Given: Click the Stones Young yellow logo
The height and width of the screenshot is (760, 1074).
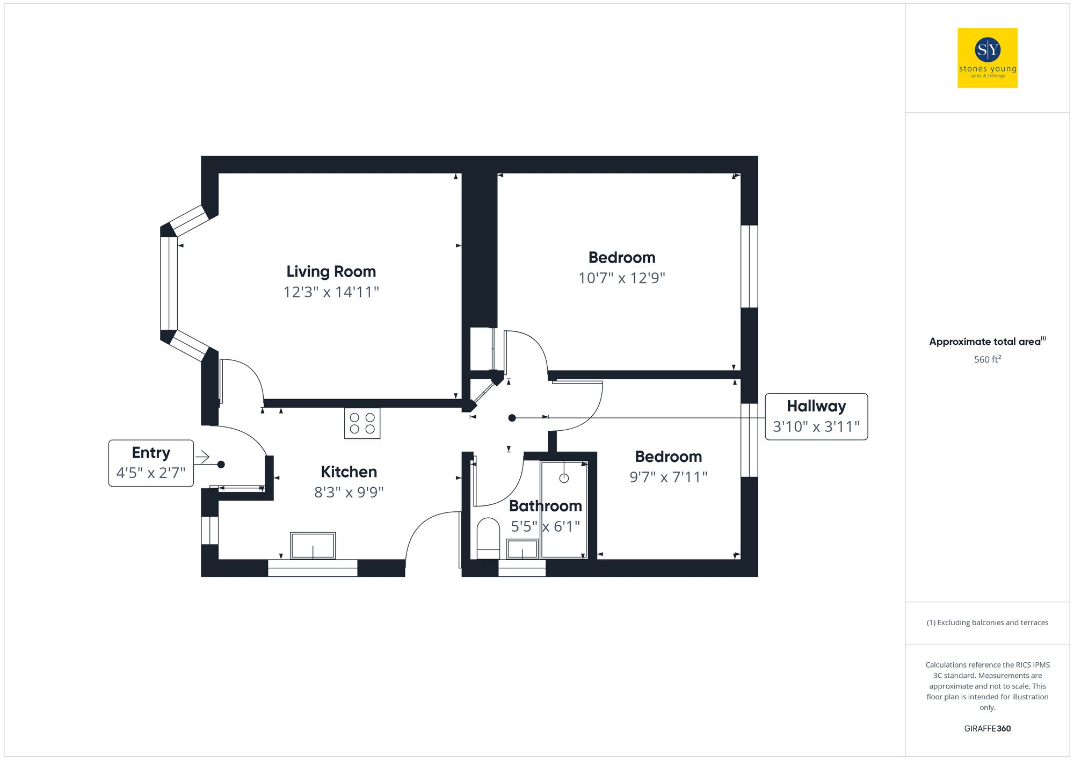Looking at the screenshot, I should point(987,58).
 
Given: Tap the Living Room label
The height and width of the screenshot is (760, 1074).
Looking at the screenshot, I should point(331,272).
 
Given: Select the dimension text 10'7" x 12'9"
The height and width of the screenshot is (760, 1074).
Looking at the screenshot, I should point(621,278).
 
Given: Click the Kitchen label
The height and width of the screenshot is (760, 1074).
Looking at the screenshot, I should point(349,472).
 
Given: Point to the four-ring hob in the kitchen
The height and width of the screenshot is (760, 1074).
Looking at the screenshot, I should point(362,423).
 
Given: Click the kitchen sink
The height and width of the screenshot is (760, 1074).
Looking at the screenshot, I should point(313,546).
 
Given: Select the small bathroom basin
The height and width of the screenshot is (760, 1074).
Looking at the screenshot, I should point(522,549).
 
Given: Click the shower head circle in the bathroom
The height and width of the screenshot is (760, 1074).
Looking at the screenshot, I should point(564,478).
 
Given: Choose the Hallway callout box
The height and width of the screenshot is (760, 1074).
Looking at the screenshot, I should point(816,417).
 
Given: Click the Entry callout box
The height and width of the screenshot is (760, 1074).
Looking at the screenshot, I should point(151,463).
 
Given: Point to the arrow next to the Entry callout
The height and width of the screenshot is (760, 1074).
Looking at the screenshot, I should point(202,457).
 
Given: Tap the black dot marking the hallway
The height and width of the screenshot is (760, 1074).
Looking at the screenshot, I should point(512,418).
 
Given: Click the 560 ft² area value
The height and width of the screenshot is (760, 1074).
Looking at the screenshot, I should point(987,359).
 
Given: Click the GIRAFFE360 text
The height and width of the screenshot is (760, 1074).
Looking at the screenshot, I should point(987,729).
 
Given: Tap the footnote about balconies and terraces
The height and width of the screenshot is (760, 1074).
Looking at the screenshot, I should point(987,623).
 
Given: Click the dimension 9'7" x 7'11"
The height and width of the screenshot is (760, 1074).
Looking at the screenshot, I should point(668,477).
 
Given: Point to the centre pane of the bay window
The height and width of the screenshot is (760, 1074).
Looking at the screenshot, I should point(169,283).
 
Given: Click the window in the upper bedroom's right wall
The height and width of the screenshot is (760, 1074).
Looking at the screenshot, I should point(749,266).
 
